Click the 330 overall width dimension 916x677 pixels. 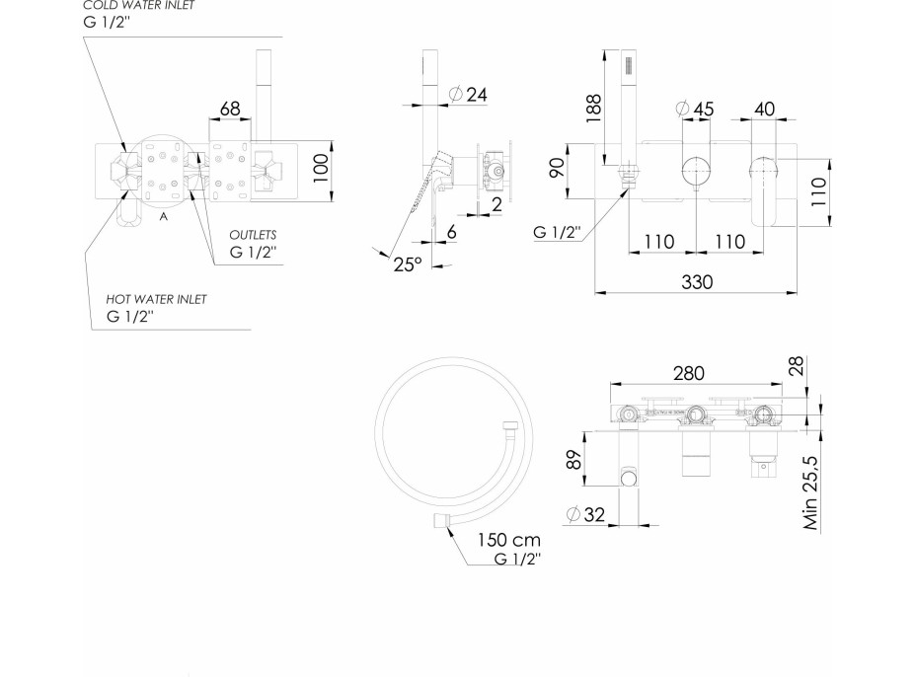click(x=697, y=282)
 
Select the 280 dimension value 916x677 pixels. click(x=689, y=373)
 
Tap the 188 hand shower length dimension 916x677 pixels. click(x=593, y=108)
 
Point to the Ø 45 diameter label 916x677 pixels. click(x=694, y=109)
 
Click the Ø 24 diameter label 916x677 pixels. click(x=468, y=94)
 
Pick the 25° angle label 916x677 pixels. click(x=408, y=264)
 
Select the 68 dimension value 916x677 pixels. click(x=230, y=109)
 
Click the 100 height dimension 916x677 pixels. click(x=321, y=169)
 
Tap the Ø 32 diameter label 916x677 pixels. click(x=585, y=514)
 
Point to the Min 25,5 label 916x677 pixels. click(x=810, y=493)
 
